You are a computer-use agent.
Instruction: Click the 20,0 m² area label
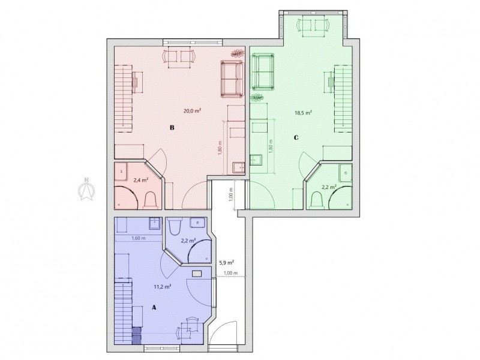click(x=192, y=111)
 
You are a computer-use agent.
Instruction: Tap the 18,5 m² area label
click(x=303, y=113)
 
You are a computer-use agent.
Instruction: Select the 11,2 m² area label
click(x=162, y=287)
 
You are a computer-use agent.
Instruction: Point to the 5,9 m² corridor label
click(x=227, y=262)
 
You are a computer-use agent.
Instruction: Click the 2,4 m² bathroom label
click(x=141, y=180)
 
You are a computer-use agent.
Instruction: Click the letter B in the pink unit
click(x=172, y=128)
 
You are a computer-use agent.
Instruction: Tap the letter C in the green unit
click(x=296, y=138)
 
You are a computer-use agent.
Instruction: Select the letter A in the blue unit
click(x=154, y=308)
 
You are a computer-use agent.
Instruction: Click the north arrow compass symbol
click(x=86, y=189)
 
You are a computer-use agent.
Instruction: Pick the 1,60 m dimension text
click(x=139, y=238)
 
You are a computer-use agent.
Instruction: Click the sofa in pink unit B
click(x=232, y=79)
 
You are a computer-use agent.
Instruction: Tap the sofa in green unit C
click(x=263, y=71)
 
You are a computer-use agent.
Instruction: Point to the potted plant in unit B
click(x=236, y=54)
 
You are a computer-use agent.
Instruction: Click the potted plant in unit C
click(x=257, y=98)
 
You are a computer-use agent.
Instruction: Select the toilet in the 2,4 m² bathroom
click(x=150, y=200)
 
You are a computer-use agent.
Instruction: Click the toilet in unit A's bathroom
click(x=176, y=227)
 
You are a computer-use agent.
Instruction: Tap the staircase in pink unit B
click(x=124, y=98)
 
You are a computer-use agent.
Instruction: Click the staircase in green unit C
click(x=343, y=98)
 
